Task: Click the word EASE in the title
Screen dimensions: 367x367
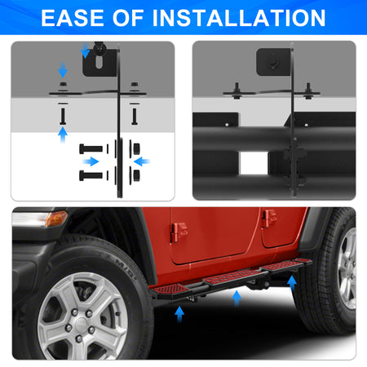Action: click(72, 18)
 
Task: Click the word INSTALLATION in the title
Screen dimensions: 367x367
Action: click(239, 18)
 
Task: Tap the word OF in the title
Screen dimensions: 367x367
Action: click(128, 18)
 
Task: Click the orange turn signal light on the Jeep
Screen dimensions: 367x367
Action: click(56, 219)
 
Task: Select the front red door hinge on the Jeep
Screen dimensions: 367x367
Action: click(179, 232)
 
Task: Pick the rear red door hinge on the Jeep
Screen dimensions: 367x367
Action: click(269, 218)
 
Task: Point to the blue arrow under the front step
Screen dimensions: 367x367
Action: click(179, 314)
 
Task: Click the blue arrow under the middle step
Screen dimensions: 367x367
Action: click(237, 298)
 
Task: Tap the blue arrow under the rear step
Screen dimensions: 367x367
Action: click(292, 284)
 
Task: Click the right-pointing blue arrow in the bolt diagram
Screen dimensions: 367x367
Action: click(91, 161)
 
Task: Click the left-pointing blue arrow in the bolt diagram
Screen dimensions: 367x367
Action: click(142, 161)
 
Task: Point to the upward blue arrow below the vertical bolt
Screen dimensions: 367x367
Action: click(63, 135)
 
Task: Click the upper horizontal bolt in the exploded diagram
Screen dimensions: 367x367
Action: click(91, 148)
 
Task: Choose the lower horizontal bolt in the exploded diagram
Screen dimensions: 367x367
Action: click(91, 175)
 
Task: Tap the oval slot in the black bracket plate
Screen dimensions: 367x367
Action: click(99, 62)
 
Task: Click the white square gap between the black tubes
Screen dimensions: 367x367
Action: click(254, 163)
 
